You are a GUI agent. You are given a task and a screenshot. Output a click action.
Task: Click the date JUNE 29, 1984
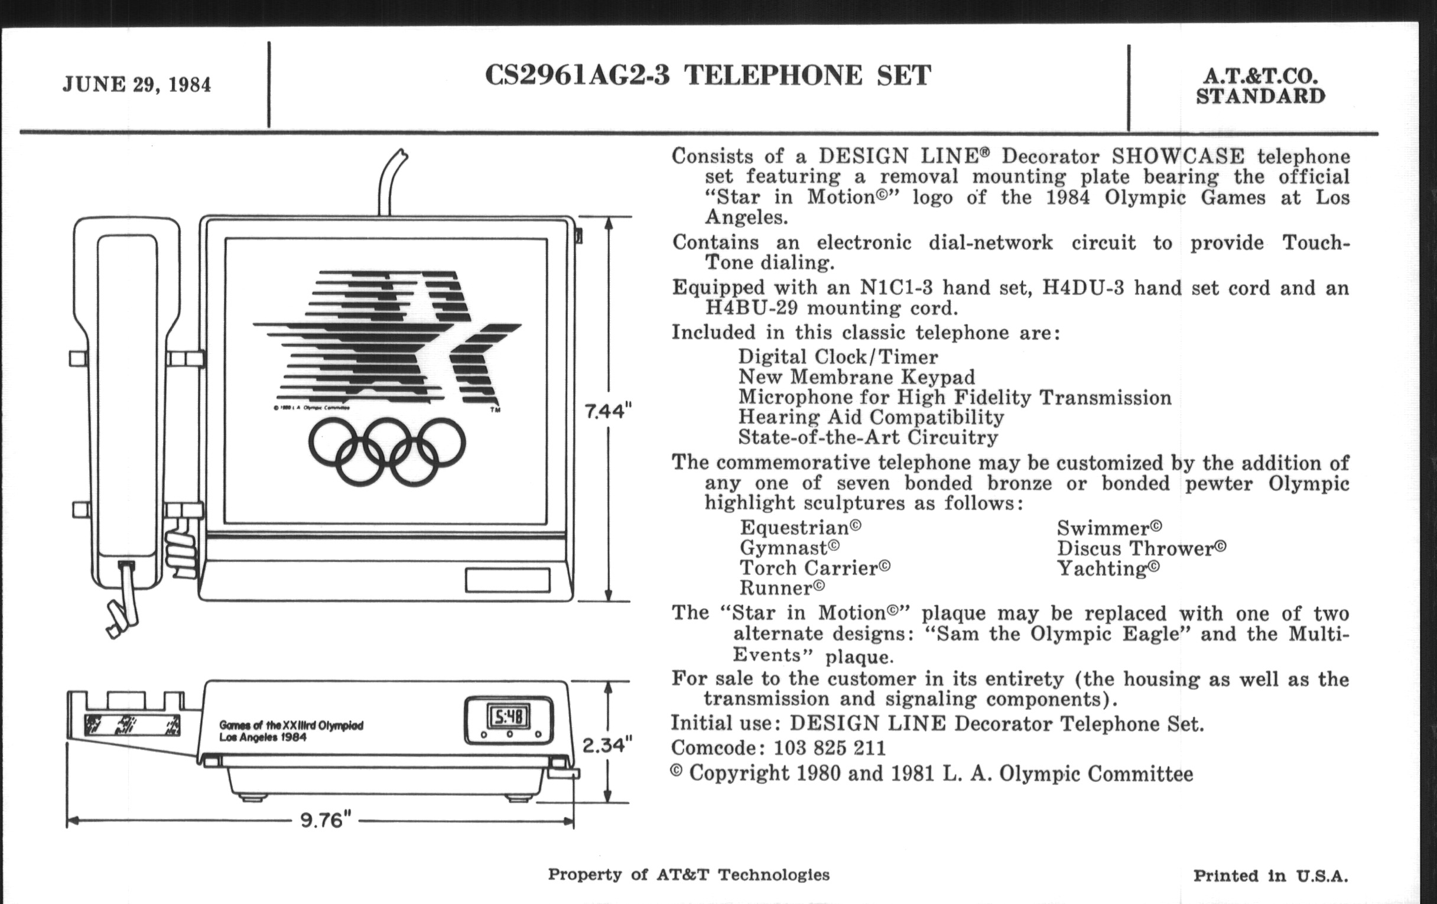pyautogui.click(x=136, y=84)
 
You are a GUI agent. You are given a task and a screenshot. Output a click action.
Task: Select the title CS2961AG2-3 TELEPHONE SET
pyautogui.click(x=708, y=76)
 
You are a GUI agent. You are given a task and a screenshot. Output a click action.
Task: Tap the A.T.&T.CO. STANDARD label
pyautogui.click(x=1260, y=86)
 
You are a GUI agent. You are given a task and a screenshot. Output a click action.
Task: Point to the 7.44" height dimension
pyautogui.click(x=608, y=411)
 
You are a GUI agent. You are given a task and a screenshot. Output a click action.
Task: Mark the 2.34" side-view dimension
pyautogui.click(x=607, y=745)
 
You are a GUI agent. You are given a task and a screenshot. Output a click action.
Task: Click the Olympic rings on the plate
pyautogui.click(x=386, y=450)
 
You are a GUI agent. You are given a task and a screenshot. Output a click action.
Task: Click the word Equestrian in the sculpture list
pyautogui.click(x=800, y=528)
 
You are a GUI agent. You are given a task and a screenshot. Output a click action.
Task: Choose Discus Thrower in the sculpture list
pyautogui.click(x=1141, y=548)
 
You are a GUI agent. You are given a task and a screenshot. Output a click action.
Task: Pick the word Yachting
pyautogui.click(x=1108, y=568)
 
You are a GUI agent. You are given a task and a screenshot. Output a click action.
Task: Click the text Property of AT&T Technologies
pyautogui.click(x=689, y=875)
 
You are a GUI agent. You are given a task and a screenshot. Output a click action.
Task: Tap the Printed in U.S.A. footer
pyautogui.click(x=1270, y=876)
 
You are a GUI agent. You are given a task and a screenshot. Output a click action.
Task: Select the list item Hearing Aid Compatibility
pyautogui.click(x=871, y=418)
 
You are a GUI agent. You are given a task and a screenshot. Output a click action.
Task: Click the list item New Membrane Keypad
pyautogui.click(x=856, y=377)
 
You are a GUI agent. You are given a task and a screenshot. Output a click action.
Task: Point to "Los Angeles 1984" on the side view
pyautogui.click(x=262, y=737)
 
